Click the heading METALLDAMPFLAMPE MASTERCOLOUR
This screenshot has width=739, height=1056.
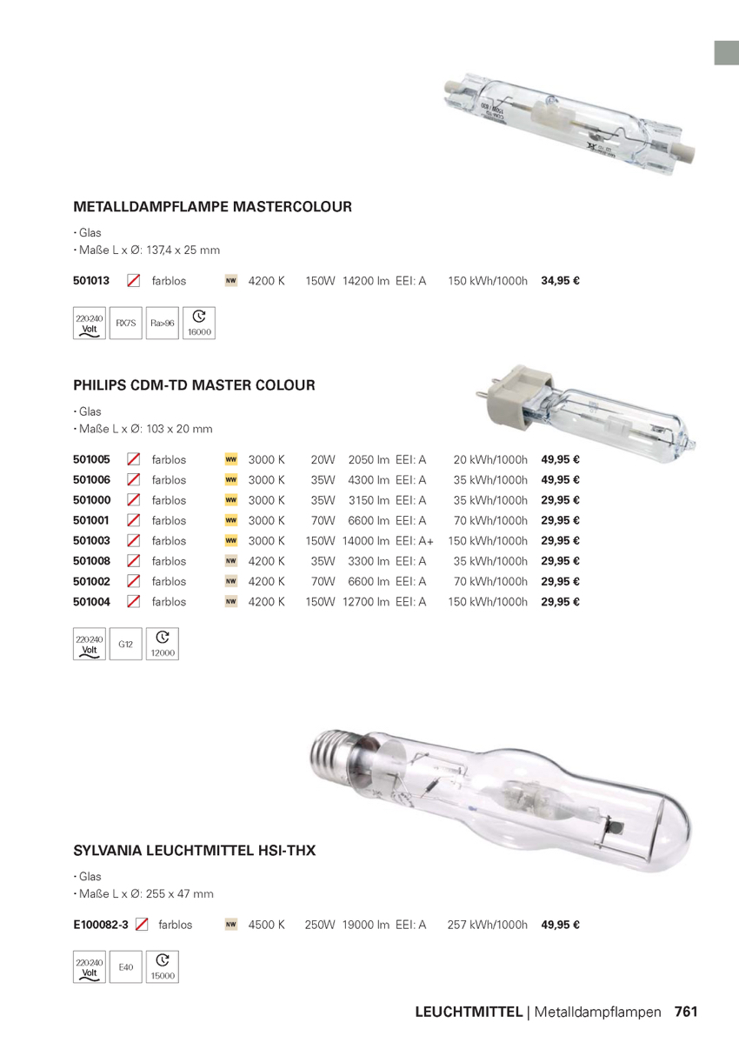point(212,207)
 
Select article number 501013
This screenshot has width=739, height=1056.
point(91,281)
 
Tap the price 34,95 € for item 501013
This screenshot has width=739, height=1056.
point(560,281)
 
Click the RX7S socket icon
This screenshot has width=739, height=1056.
point(126,324)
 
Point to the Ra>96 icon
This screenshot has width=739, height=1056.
point(163,324)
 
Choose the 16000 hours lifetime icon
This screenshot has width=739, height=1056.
point(199,324)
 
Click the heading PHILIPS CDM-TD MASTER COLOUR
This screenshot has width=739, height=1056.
point(194,384)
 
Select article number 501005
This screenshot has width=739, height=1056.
point(91,459)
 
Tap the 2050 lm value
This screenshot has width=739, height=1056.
point(368,459)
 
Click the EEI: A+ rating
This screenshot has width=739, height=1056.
point(414,541)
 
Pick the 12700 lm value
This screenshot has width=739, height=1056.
point(365,602)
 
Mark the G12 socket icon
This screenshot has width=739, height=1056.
point(126,645)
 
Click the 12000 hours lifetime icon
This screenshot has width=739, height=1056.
point(163,645)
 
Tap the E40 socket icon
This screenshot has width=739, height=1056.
point(126,967)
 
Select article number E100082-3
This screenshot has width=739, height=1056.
point(101,925)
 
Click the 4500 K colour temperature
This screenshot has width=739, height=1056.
point(266,925)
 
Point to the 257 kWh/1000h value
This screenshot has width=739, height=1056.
point(487,925)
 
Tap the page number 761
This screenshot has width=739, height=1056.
point(686,1012)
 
